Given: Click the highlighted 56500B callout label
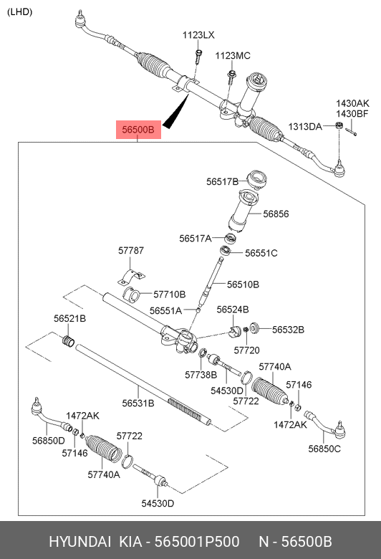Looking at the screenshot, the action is pyautogui.click(x=138, y=130).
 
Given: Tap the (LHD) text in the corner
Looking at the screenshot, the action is pyautogui.click(x=19, y=12).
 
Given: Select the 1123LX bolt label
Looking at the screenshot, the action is pyautogui.click(x=198, y=35).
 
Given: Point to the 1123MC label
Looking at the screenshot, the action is pyautogui.click(x=233, y=56).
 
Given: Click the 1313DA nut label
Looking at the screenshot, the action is pyautogui.click(x=305, y=127).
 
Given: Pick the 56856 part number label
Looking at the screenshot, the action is pyautogui.click(x=276, y=214).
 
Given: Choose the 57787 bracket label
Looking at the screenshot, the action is pyautogui.click(x=131, y=251).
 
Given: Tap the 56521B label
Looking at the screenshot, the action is pyautogui.click(x=70, y=318).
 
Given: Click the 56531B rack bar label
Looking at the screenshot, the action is pyautogui.click(x=138, y=403).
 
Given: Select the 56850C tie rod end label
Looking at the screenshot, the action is pyautogui.click(x=324, y=449).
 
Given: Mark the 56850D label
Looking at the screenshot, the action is pyautogui.click(x=49, y=441).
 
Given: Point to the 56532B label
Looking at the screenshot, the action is pyautogui.click(x=288, y=330).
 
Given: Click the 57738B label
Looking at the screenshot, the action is pyautogui.click(x=201, y=375).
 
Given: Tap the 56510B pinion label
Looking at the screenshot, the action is pyautogui.click(x=243, y=285).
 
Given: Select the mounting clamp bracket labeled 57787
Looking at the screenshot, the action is pyautogui.click(x=131, y=277).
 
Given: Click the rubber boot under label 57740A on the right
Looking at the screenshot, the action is pyautogui.click(x=269, y=391).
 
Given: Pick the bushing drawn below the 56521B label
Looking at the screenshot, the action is pyautogui.click(x=68, y=341).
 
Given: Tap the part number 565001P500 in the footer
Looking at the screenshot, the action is pyautogui.click(x=197, y=542).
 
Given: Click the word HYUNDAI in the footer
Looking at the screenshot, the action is pyautogui.click(x=79, y=542).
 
